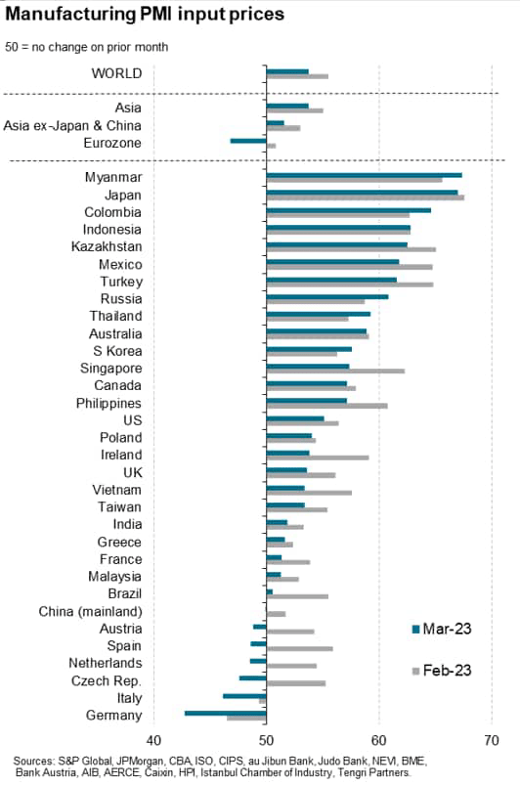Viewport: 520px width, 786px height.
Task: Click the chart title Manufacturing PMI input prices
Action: click(146, 15)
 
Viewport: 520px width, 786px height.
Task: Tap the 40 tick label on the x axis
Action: click(152, 738)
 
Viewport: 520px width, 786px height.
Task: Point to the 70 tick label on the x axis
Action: click(491, 738)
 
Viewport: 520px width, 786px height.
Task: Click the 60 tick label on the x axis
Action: click(378, 738)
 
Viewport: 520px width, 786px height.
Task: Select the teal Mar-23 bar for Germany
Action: click(225, 713)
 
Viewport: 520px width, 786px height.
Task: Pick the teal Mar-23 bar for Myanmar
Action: click(364, 175)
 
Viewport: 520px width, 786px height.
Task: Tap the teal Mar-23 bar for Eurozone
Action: click(248, 141)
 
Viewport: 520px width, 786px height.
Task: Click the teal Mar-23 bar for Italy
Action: click(244, 695)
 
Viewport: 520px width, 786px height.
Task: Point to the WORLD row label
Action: click(116, 73)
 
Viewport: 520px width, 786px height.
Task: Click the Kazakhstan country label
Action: click(107, 246)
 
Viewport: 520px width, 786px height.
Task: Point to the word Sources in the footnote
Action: click(37, 760)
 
